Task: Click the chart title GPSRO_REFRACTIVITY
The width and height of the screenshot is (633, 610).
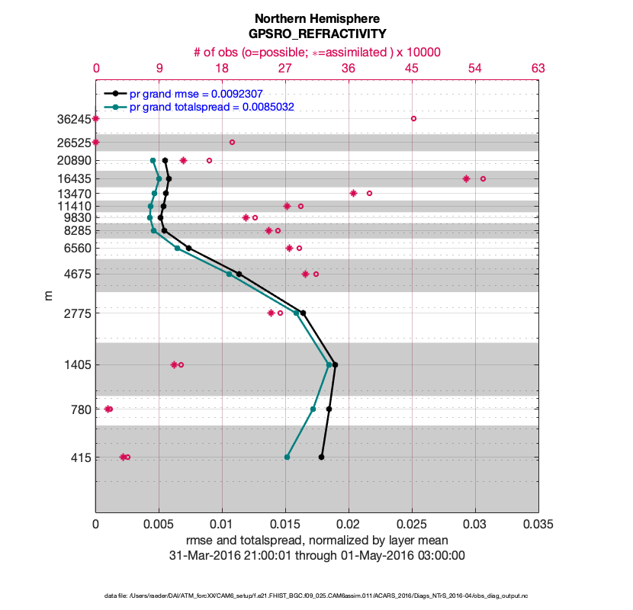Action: (316, 34)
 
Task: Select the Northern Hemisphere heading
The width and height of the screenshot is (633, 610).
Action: (316, 18)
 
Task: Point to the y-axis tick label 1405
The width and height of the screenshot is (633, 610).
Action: (77, 365)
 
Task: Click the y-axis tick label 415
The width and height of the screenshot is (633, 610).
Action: (80, 458)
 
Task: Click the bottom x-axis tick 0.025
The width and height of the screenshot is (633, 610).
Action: (412, 525)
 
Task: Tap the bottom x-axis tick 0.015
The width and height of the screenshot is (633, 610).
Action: (285, 525)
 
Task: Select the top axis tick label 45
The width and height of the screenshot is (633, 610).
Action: (412, 69)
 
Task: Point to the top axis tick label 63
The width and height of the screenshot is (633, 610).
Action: (538, 69)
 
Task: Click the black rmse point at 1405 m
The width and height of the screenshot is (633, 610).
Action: (335, 365)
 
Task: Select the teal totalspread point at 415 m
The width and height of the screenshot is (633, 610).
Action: (287, 457)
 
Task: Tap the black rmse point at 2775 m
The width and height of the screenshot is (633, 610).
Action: (303, 313)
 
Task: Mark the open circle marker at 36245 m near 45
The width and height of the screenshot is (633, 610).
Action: (413, 118)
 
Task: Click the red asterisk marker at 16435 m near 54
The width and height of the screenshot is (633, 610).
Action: (466, 178)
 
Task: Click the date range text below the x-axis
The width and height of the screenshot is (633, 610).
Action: (316, 555)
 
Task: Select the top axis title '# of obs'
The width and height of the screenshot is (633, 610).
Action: (316, 52)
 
